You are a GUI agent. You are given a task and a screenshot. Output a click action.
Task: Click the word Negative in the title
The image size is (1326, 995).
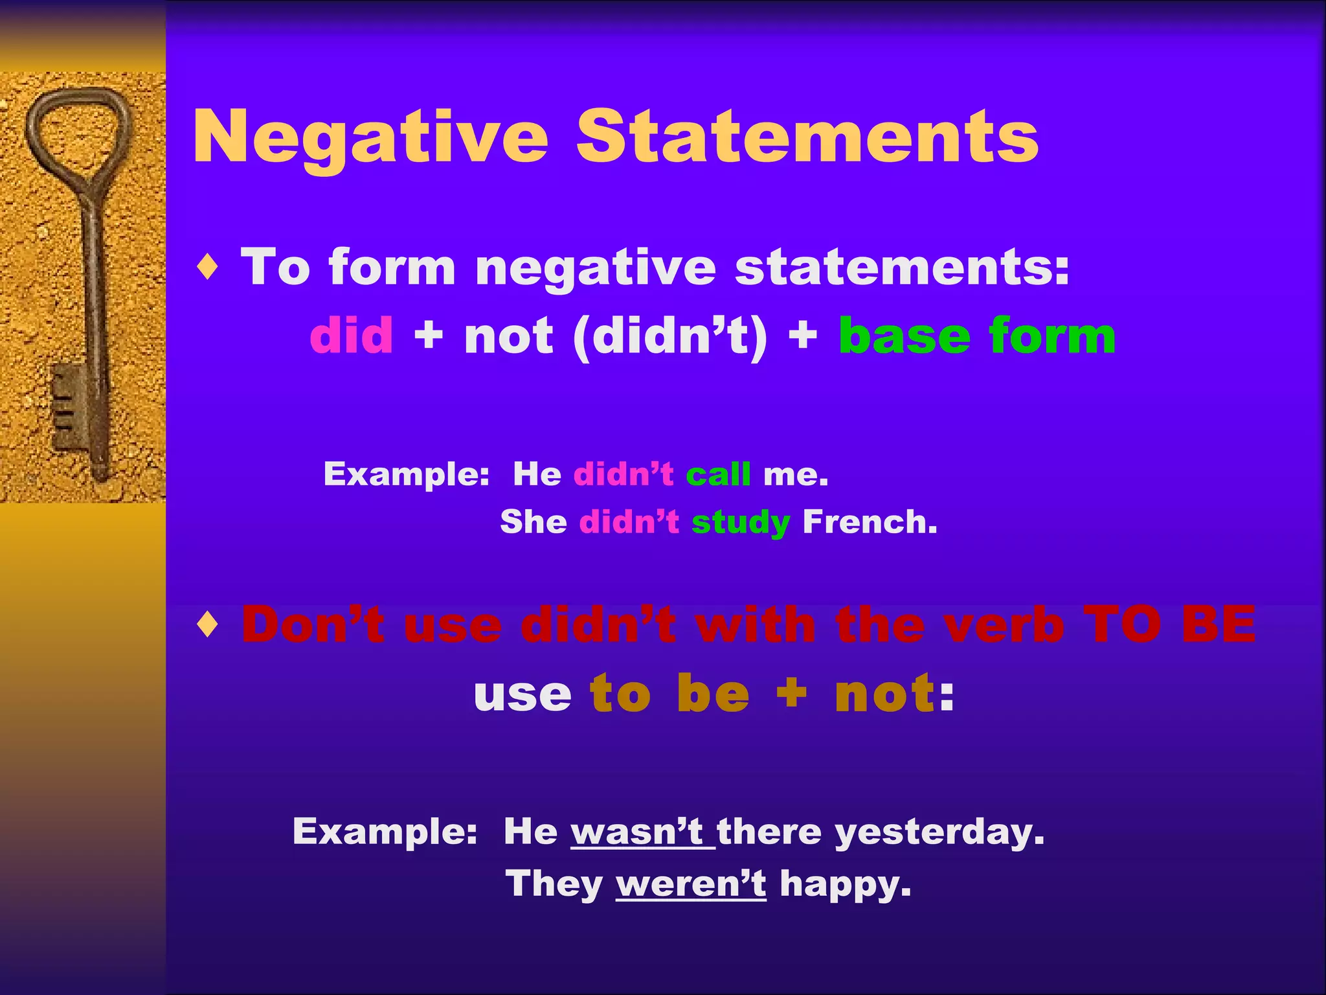370,137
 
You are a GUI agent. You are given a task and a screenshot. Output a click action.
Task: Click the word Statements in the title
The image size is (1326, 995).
807,136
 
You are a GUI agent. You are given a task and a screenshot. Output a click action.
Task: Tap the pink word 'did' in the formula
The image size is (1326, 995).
351,336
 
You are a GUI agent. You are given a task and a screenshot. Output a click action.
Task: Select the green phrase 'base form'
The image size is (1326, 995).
976,336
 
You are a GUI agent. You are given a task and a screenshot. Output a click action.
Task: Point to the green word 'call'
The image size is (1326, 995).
718,474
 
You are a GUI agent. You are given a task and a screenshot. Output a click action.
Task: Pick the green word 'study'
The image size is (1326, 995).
740,523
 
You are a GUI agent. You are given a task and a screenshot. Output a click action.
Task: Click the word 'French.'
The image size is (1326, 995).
870,521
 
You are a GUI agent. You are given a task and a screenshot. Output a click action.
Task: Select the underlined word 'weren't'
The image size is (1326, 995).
690,884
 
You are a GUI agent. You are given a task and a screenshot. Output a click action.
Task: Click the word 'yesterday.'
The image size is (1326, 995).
939,832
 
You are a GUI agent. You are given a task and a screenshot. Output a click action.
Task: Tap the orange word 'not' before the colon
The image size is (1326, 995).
884,694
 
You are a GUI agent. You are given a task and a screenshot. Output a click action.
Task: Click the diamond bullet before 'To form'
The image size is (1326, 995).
208,267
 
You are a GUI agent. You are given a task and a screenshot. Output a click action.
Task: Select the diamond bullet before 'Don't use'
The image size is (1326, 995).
208,625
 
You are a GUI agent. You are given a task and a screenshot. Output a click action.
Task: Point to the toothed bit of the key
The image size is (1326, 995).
68,405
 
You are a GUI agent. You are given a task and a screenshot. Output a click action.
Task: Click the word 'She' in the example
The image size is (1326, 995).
534,521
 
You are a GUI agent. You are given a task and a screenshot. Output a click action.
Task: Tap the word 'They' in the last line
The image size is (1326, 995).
554,884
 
